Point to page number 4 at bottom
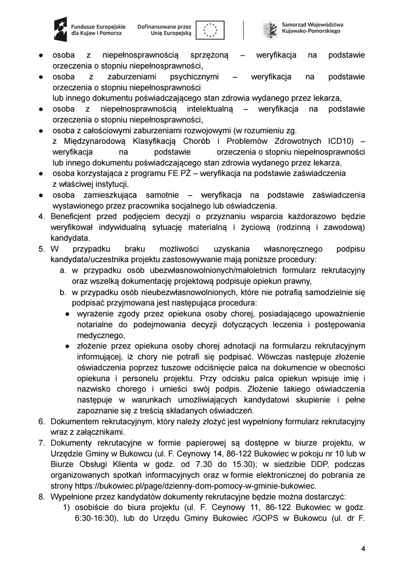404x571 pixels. pyautogui.click(x=363, y=549)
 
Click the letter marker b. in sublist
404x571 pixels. pyautogui.click(x=63, y=292)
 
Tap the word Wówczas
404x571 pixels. pyautogui.click(x=275, y=357)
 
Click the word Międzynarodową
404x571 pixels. pyautogui.click(x=95, y=142)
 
